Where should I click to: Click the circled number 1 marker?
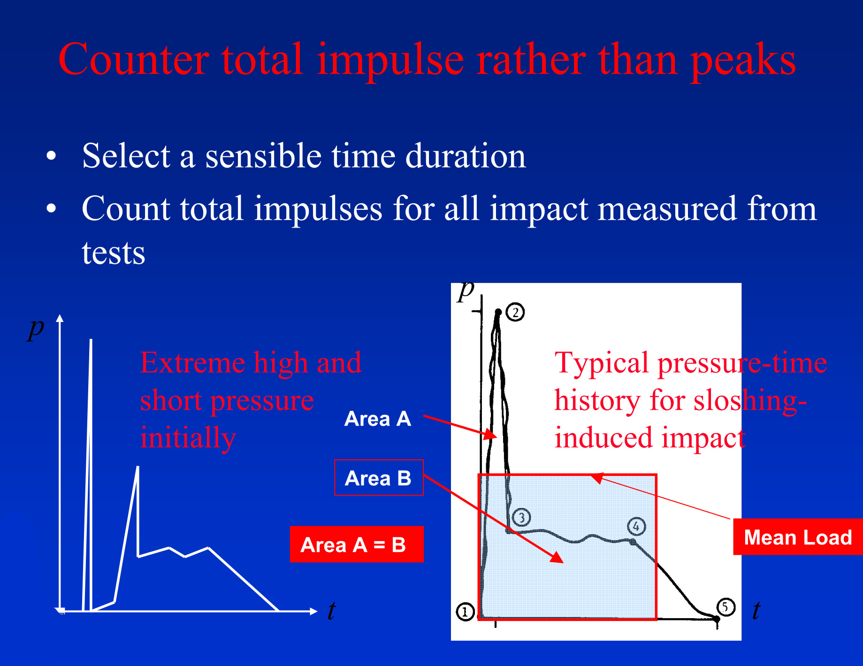point(465,612)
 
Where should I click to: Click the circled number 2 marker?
point(516,313)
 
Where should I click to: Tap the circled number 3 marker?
point(521,517)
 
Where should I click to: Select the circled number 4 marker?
point(636,527)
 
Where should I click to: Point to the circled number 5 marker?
point(726,607)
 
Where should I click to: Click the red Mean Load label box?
point(798,537)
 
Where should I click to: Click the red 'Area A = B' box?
point(357,544)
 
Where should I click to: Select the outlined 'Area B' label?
point(379,478)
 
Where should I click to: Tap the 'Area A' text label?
point(378,419)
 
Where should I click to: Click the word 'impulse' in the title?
point(390,60)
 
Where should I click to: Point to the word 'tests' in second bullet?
point(114,253)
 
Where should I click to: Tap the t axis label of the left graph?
point(331,611)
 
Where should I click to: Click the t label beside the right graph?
point(756,610)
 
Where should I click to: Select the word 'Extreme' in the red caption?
point(193,363)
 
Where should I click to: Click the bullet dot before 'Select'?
point(51,156)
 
